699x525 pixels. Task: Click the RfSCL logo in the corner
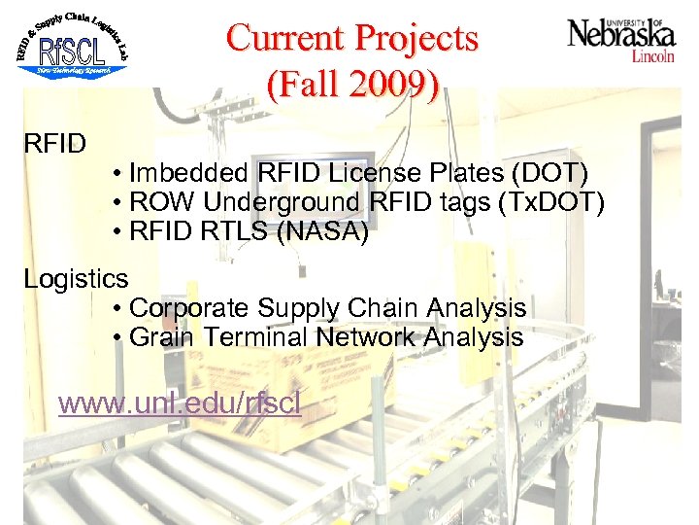(x=72, y=44)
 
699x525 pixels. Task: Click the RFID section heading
(x=55, y=144)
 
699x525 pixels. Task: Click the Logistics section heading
(x=76, y=279)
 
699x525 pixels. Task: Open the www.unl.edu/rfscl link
(x=180, y=402)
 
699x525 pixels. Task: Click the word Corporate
(x=189, y=308)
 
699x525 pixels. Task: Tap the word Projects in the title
(x=417, y=39)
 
